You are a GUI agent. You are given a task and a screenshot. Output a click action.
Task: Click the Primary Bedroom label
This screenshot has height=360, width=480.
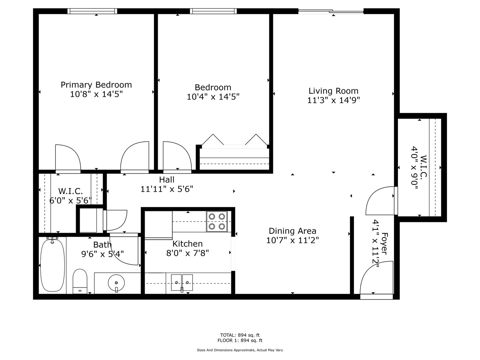tap(96, 85)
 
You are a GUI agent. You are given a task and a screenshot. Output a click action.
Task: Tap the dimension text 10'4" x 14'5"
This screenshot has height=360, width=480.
tap(213, 97)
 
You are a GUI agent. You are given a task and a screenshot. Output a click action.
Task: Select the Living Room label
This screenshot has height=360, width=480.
tap(333, 91)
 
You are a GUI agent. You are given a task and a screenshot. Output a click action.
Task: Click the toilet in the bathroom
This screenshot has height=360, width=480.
tap(80, 282)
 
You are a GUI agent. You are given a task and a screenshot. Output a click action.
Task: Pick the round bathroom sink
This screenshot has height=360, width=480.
tap(116, 283)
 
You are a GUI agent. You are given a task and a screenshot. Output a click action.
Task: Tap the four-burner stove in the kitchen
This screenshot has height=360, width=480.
tap(217, 221)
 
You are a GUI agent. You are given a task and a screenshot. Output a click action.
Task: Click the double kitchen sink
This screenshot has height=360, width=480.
tap(182, 283)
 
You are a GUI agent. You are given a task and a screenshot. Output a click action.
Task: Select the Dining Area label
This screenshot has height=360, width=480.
tap(292, 231)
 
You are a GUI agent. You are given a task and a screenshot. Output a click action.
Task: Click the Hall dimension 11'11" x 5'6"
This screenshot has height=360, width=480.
tap(167, 189)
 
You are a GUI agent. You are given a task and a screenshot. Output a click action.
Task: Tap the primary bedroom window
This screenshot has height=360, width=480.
tap(92, 11)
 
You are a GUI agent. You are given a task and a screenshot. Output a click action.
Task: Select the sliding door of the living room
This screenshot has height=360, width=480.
tap(331, 11)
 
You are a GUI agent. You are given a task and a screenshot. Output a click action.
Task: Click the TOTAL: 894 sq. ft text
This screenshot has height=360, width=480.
tap(240, 335)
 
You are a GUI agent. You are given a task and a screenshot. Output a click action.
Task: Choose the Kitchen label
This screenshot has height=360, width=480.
tap(187, 244)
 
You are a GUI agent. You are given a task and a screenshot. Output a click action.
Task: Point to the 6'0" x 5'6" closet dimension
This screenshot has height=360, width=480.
tap(70, 200)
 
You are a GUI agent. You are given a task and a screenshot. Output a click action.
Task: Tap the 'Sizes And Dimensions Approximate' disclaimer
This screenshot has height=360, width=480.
tap(240, 350)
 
